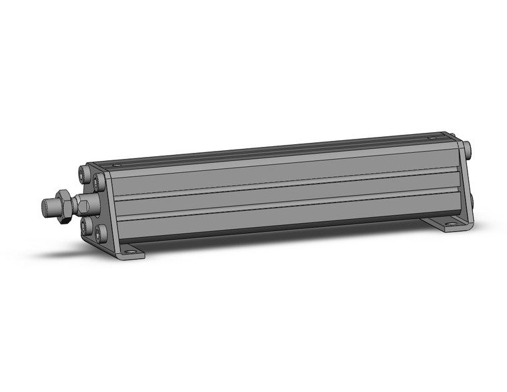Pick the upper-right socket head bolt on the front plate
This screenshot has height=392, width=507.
coord(100,180)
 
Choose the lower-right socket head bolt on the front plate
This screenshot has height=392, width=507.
coord(101,233)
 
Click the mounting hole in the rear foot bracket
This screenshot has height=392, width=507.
coord(452,225)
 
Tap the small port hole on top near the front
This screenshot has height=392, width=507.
coord(117,164)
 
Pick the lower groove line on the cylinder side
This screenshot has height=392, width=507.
coord(280,204)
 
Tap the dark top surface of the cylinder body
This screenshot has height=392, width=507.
coord(267,150)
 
